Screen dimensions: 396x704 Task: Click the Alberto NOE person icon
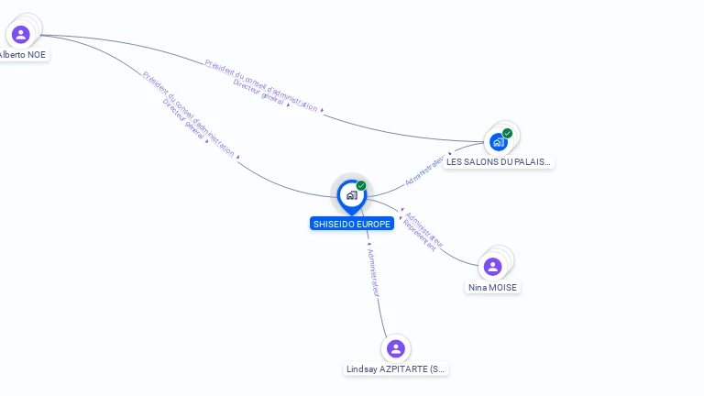coord(20,35)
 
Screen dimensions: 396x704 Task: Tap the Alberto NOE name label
coord(22,55)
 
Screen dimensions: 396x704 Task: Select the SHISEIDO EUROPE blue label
coord(352,224)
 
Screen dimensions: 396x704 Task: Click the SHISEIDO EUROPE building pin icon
coord(351,195)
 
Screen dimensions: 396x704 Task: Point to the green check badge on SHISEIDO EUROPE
coord(361,186)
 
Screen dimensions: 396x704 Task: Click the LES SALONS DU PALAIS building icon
coord(498,142)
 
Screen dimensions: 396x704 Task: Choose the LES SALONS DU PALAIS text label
coord(499,162)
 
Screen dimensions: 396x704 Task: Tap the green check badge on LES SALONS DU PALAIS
coord(507,134)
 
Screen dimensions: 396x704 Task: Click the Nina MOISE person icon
coord(492,267)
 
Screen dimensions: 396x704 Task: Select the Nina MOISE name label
coord(492,288)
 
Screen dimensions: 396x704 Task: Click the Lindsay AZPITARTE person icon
coord(396,348)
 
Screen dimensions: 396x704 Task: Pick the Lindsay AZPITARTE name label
coord(396,369)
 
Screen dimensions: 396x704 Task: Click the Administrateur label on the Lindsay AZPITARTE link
coord(372,271)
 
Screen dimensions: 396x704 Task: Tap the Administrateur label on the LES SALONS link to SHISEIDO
coord(424,170)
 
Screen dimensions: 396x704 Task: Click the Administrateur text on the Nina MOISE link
coord(424,230)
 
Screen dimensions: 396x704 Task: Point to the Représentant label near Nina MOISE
coord(419,236)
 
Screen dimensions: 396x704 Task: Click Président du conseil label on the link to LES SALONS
coord(262,84)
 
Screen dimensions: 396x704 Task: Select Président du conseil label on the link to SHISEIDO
coord(188,114)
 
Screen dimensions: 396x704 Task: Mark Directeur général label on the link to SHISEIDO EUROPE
coord(182,120)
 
